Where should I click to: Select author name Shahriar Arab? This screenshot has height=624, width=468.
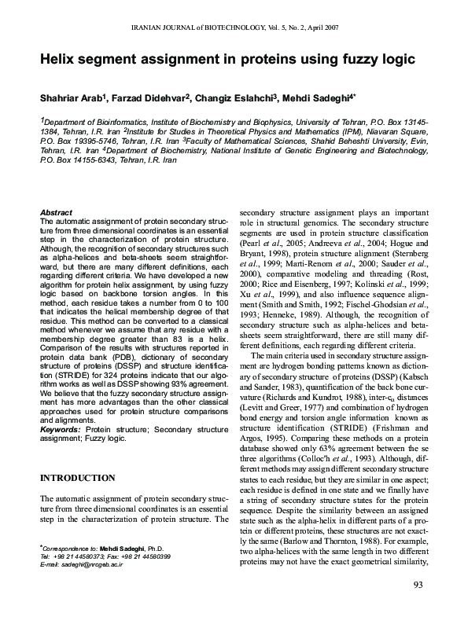tap(74, 99)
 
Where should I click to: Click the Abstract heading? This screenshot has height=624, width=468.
tap(56, 213)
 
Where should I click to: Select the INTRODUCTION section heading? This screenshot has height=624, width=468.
tap(79, 477)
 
